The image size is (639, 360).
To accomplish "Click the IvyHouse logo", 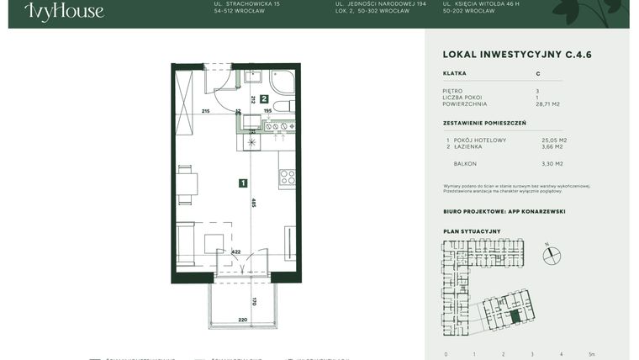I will tap(65, 11).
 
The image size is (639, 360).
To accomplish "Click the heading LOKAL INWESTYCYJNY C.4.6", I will tap(517, 55).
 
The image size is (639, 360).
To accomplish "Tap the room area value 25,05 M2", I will tap(554, 140).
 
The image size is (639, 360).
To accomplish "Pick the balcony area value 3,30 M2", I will tap(552, 164).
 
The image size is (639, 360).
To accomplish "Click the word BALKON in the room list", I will tap(465, 164).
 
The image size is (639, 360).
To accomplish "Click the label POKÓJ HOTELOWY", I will tap(479, 140).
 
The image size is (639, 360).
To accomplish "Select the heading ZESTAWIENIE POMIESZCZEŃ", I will tap(484, 123).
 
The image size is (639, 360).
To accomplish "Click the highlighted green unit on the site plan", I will tap(515, 319).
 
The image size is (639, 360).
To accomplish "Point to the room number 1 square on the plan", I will tap(242, 183).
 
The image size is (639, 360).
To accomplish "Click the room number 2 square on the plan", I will tap(263, 99).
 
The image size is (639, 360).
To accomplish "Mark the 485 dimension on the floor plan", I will tap(253, 202).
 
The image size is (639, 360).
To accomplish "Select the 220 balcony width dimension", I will tap(243, 320).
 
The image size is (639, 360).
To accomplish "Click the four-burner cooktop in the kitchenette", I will tap(287, 177).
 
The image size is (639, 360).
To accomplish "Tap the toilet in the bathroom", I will tap(283, 105).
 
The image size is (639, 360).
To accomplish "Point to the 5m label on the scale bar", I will tap(592, 354).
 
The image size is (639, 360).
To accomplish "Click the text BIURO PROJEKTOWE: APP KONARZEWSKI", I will tap(504, 212).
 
